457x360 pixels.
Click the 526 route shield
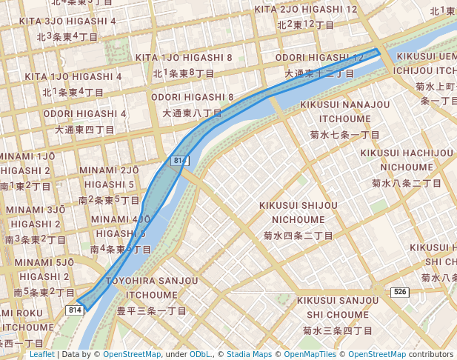401,293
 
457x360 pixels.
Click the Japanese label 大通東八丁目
193,113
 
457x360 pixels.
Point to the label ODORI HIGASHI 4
84,113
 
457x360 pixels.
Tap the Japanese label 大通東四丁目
84,130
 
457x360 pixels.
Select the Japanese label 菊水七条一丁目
344,135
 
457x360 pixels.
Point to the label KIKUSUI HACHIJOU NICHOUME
407,159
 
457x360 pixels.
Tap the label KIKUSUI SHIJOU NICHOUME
298,212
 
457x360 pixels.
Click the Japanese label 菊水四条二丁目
298,236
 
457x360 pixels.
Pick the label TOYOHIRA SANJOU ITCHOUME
152,287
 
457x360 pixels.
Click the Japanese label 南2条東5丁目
109,200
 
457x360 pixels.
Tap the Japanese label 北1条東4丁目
73,93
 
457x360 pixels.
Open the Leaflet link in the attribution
41,354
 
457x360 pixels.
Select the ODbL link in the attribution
201,354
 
